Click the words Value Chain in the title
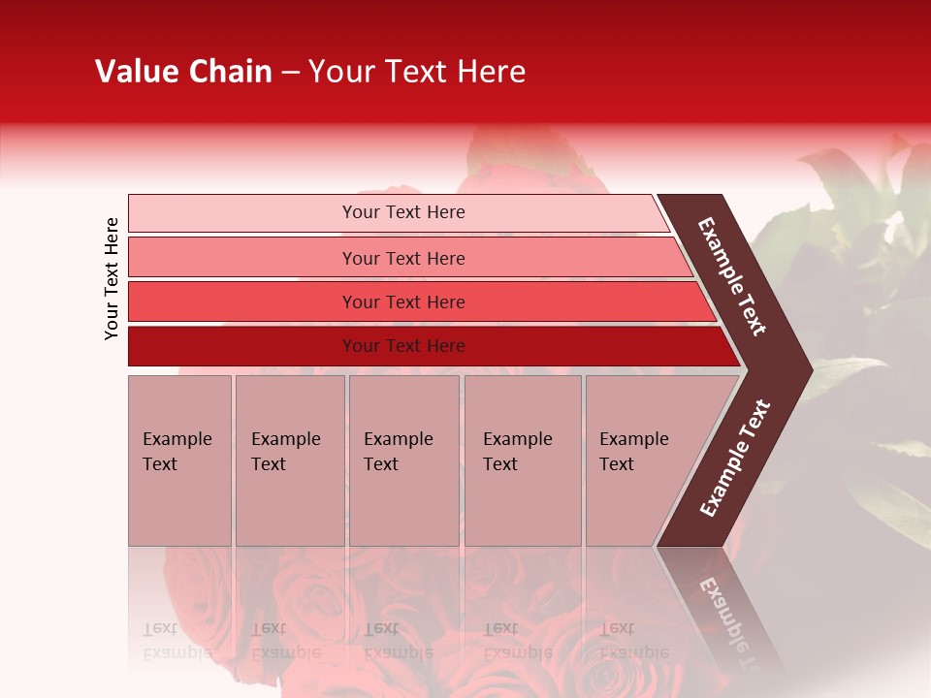[183, 72]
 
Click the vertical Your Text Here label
[112, 278]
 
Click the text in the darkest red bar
[403, 346]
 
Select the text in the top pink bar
[403, 212]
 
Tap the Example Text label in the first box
[177, 452]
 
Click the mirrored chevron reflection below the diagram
[722, 606]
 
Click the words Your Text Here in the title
[417, 72]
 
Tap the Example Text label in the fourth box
[517, 452]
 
